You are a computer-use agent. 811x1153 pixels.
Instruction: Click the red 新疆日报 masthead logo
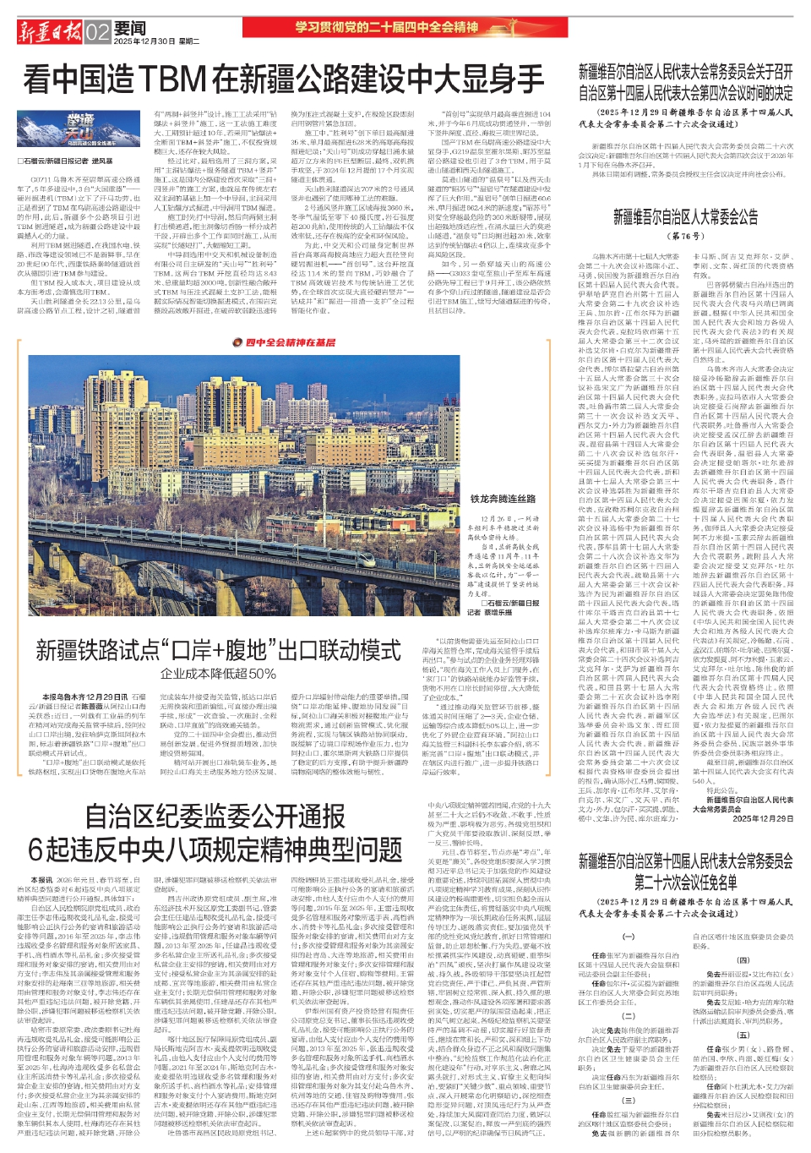[50, 32]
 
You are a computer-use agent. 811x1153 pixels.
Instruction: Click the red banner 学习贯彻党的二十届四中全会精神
[387, 27]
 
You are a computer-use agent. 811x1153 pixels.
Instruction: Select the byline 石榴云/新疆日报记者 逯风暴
[66, 161]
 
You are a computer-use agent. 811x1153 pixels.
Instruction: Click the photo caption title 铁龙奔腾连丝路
[503, 499]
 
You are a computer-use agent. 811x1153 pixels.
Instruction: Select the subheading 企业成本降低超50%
[218, 674]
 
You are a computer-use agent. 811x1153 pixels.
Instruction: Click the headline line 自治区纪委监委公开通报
[215, 817]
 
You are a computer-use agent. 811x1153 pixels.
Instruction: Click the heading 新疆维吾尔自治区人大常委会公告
[685, 217]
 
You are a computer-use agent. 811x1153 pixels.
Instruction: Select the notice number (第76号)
[685, 237]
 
